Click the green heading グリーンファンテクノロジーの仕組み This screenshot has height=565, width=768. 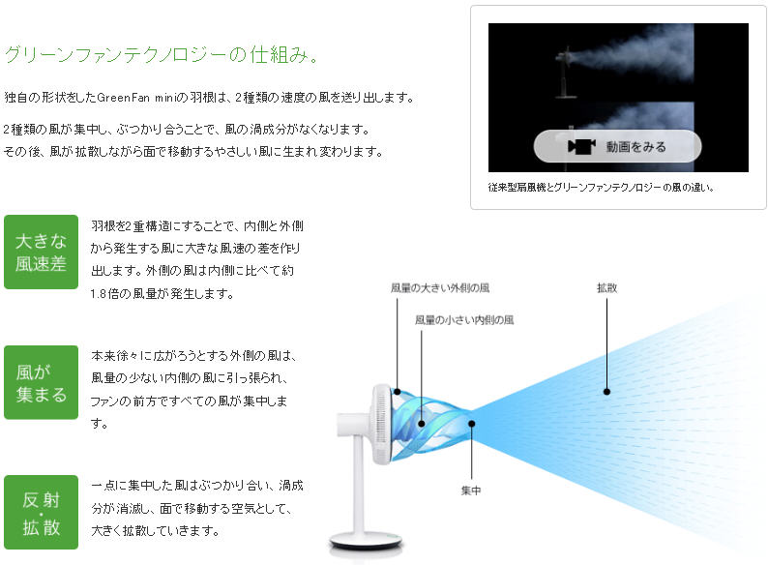(162, 54)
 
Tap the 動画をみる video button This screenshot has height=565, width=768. (617, 146)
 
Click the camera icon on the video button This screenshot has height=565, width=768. (581, 146)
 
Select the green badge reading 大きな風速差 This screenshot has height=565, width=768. (42, 252)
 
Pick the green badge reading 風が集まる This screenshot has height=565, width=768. (42, 382)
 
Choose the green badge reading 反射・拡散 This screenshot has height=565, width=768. (42, 512)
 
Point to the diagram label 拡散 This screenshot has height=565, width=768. (606, 288)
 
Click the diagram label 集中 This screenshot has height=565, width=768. (471, 491)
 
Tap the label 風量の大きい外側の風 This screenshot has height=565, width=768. (440, 288)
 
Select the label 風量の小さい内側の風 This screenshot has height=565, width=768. (464, 320)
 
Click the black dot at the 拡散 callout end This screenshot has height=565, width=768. (606, 392)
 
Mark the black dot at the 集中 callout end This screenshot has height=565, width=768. (471, 424)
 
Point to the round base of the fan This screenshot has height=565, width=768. (366, 541)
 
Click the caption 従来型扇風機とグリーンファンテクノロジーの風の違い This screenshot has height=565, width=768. (601, 187)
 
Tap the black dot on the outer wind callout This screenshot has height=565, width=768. (398, 392)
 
